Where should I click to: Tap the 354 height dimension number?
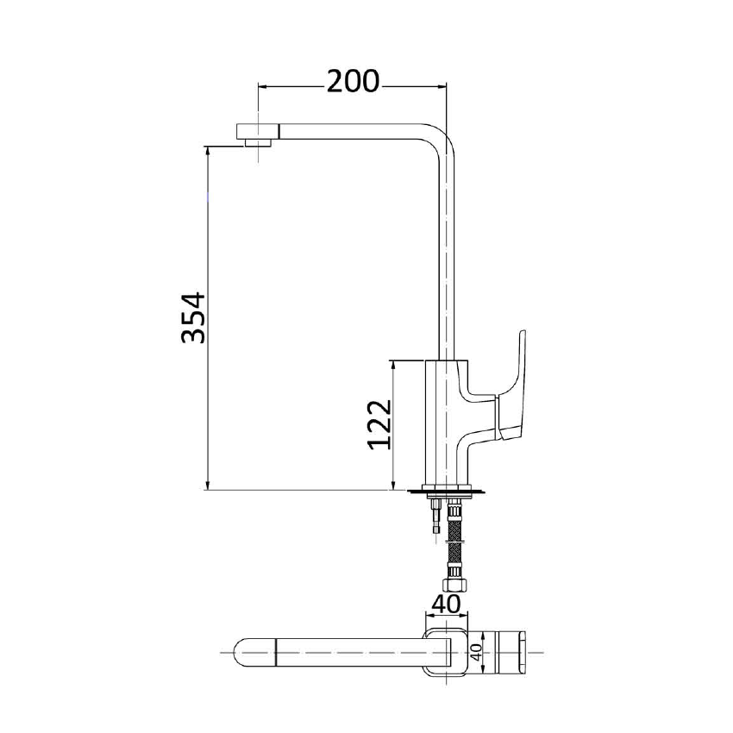(194, 318)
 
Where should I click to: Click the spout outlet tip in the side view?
(258, 135)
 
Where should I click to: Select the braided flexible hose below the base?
(454, 543)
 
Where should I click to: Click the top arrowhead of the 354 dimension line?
(209, 150)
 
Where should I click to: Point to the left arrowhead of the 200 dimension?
(263, 86)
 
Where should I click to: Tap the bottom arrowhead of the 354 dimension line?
(209, 486)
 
